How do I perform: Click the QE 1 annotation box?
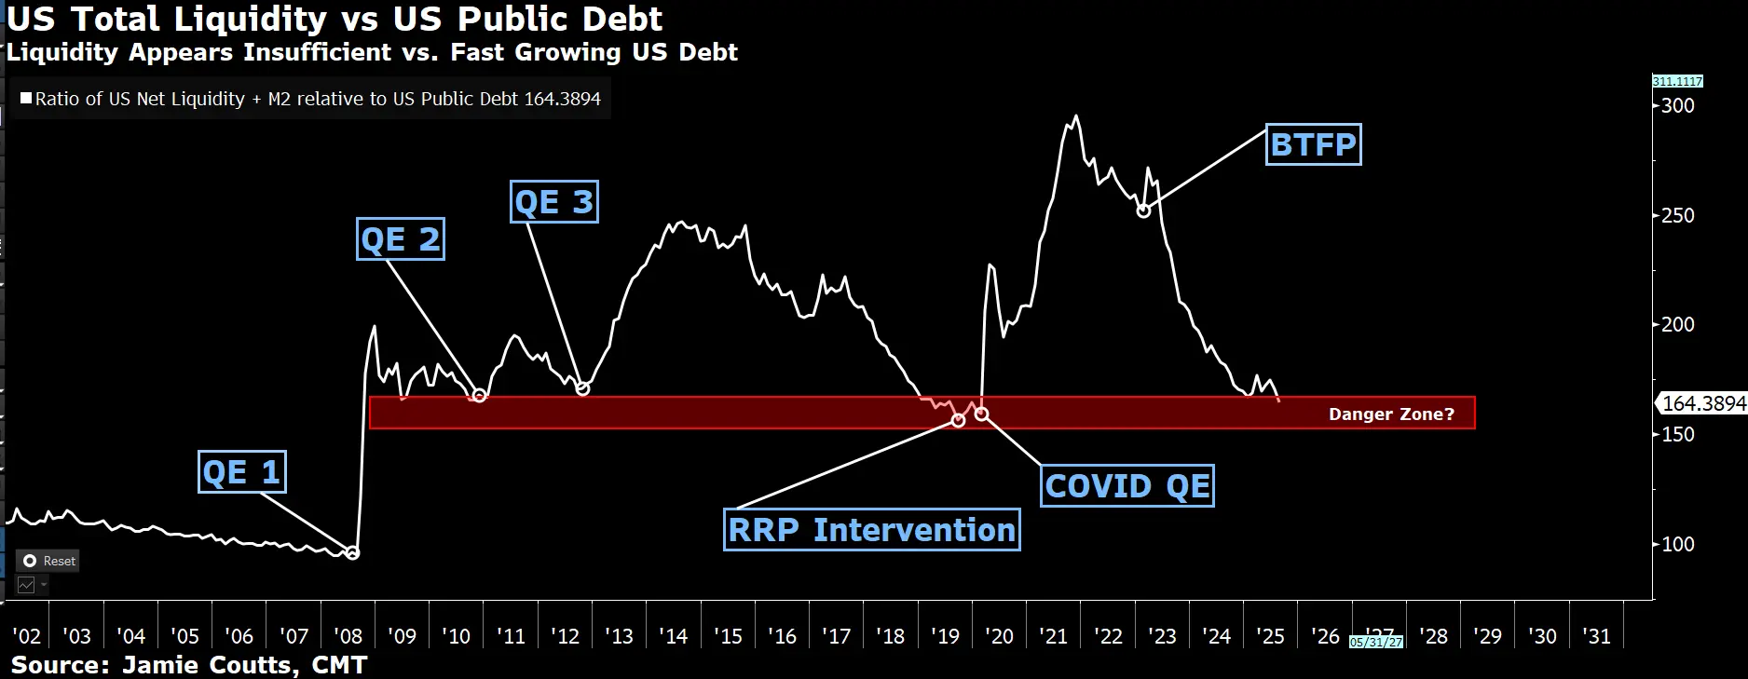pyautogui.click(x=242, y=472)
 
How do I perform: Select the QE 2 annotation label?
pyautogui.click(x=401, y=239)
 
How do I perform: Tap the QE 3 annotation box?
pyautogui.click(x=554, y=202)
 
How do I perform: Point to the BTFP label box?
pyautogui.click(x=1313, y=144)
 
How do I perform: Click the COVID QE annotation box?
pyautogui.click(x=1127, y=486)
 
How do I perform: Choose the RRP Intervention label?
pyautogui.click(x=871, y=530)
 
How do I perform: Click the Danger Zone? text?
pyautogui.click(x=1391, y=414)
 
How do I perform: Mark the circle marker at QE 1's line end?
pyautogui.click(x=352, y=553)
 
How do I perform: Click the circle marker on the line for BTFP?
pyautogui.click(x=1144, y=210)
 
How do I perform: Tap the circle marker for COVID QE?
pyautogui.click(x=981, y=414)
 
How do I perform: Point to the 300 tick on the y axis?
pyautogui.click(x=1678, y=105)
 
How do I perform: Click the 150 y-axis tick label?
pyautogui.click(x=1678, y=435)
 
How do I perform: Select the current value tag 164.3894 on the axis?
pyautogui.click(x=1703, y=403)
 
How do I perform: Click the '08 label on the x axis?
pyautogui.click(x=348, y=636)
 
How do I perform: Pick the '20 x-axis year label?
pyautogui.click(x=999, y=636)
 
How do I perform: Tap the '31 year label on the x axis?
pyautogui.click(x=1596, y=636)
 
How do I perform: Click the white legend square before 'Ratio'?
pyautogui.click(x=26, y=98)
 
